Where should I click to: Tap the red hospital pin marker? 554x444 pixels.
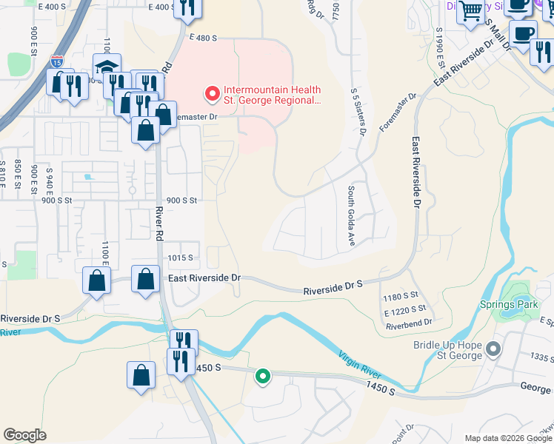(x=212, y=94)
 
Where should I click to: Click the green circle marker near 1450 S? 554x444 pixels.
(x=262, y=377)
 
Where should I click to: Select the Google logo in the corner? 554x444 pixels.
(x=25, y=435)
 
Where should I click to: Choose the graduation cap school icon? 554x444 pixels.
(x=107, y=68)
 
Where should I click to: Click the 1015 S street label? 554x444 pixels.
(x=180, y=258)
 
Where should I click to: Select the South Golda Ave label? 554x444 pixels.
(x=349, y=217)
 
